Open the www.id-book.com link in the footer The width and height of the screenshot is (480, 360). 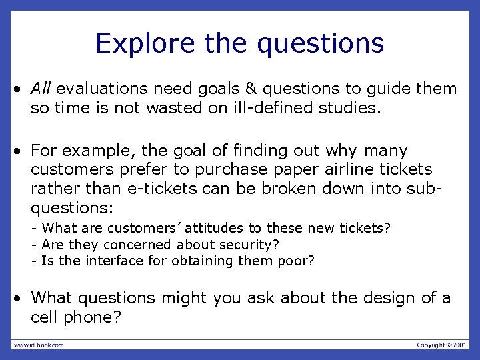pyautogui.click(x=39, y=345)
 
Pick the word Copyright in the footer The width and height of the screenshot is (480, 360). pyautogui.click(x=429, y=345)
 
